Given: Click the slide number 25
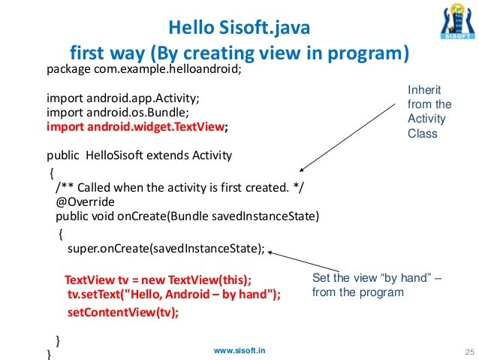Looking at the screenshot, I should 471,351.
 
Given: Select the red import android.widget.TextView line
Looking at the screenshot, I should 137,127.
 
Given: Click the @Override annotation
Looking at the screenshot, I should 85,202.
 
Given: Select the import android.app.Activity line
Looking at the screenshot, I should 123,98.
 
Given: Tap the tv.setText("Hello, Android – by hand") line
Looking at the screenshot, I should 173,295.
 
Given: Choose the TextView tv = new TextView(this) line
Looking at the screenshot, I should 158,279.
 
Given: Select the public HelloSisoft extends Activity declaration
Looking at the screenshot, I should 139,156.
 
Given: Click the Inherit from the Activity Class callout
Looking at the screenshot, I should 429,112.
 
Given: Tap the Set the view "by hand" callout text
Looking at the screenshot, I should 376,286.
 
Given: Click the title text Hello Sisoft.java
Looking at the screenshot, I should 238,30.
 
